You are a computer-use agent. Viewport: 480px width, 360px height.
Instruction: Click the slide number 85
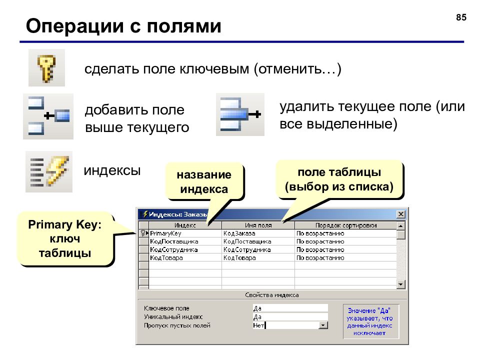coord(461,17)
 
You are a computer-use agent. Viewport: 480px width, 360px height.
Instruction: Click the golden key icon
coord(46,68)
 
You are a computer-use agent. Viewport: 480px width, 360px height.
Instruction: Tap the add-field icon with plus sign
coord(48,116)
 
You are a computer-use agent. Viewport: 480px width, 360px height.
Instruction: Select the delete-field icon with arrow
coord(240,115)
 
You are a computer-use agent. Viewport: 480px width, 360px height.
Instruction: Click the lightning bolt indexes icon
coord(49,171)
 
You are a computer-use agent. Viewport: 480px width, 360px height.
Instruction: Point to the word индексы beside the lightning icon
coord(112,170)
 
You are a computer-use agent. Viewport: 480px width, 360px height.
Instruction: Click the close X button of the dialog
coord(400,214)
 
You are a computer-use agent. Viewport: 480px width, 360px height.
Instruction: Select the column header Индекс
coord(185,225)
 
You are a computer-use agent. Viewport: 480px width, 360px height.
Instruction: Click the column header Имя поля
coord(258,225)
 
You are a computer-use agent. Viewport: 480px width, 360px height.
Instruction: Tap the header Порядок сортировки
coord(346,225)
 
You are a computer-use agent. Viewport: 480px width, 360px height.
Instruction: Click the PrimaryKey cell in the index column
coord(165,233)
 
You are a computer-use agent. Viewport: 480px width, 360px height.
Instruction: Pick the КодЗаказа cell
coord(239,233)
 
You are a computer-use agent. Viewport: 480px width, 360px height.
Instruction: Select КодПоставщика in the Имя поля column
coord(247,241)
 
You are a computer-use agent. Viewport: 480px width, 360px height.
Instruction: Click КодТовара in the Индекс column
coord(166,258)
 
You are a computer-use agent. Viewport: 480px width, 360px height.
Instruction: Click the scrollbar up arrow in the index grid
coord(400,226)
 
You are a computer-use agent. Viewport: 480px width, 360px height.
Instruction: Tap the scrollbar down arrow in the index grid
coord(400,284)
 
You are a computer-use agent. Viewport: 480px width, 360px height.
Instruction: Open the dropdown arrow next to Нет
coord(323,325)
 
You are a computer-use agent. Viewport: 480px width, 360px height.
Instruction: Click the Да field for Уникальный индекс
coord(290,317)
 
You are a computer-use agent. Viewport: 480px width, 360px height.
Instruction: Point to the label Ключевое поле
coord(166,308)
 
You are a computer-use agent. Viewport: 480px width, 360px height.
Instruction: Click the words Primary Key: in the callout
coord(64,224)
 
